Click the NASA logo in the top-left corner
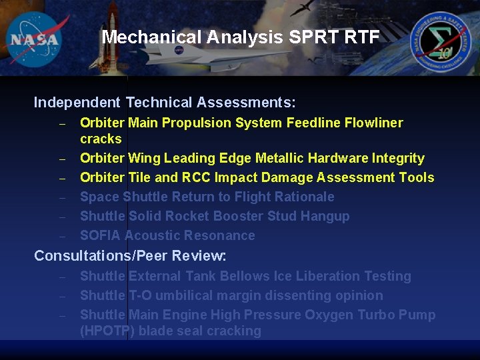point(35,39)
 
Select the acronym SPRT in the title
point(312,37)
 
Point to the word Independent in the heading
point(77,103)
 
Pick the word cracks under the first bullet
point(101,139)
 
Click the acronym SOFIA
point(100,235)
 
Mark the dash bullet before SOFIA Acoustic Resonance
point(61,236)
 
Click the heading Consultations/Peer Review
point(130,256)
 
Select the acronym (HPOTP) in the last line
point(107,331)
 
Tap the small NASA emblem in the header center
point(179,50)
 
